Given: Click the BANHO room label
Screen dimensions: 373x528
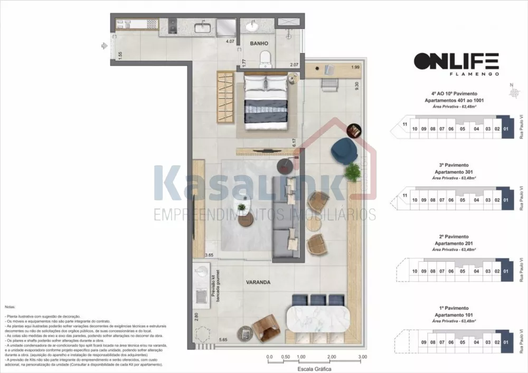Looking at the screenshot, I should (259, 44).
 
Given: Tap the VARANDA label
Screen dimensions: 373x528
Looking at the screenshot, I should (258, 282).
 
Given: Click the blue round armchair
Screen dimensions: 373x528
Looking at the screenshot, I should (344, 151).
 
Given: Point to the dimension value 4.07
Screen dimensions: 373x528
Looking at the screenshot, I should (230, 41).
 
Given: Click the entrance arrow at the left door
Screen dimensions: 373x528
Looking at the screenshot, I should (105, 46).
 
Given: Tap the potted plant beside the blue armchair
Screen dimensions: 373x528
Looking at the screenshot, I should (352, 171).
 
